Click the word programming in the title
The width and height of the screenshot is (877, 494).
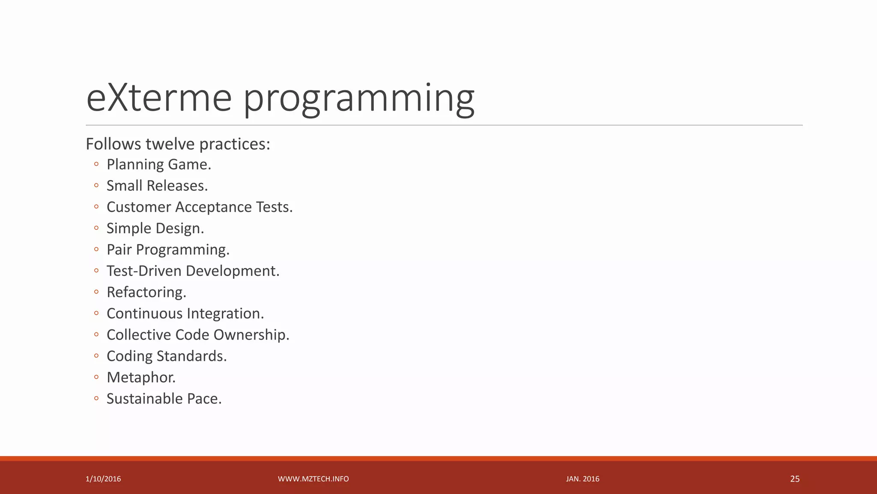click(x=359, y=99)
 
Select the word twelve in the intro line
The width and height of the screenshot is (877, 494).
click(x=170, y=144)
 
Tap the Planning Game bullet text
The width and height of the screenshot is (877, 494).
click(x=158, y=165)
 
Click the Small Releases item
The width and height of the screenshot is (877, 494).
click(x=157, y=186)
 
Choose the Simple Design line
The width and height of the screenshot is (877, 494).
click(x=155, y=229)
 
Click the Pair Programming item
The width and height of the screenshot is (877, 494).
click(x=168, y=250)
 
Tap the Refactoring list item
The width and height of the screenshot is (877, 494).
click(x=146, y=292)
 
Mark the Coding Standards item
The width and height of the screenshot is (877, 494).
click(x=166, y=356)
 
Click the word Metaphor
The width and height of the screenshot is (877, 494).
click(x=141, y=377)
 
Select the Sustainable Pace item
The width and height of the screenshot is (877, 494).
click(x=164, y=399)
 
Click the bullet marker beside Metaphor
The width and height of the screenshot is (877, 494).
click(x=96, y=377)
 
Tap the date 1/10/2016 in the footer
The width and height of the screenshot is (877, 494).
click(x=103, y=479)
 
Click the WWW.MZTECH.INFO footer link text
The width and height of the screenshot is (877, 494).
click(x=313, y=479)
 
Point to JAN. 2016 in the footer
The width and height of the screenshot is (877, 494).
click(x=582, y=479)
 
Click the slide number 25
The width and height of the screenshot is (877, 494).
click(x=794, y=479)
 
